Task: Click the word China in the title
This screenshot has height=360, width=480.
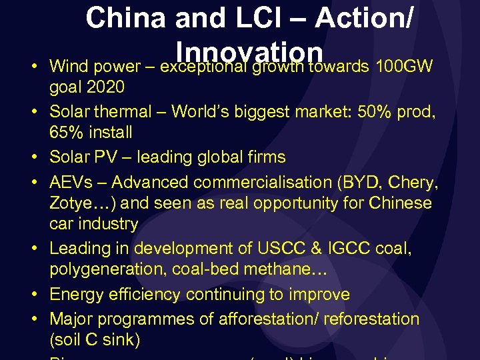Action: click(125, 19)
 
